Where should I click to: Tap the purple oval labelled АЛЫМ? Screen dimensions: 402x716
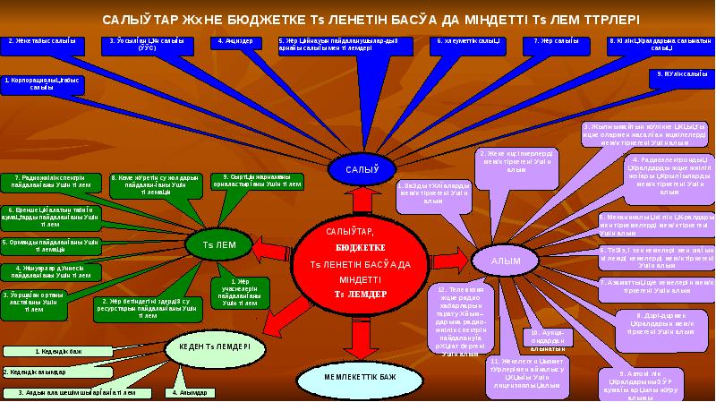coord(506,261)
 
